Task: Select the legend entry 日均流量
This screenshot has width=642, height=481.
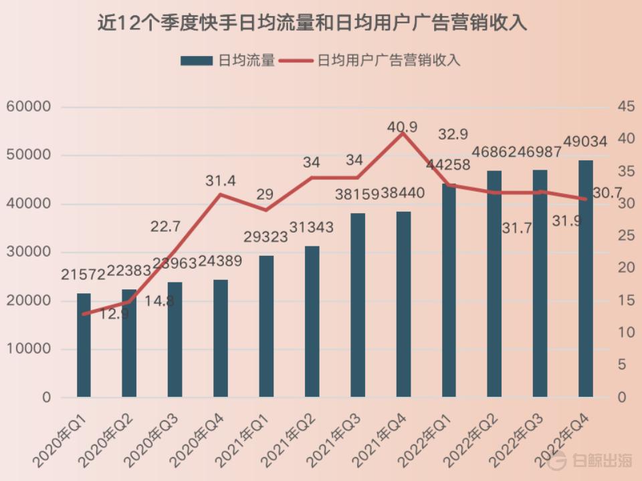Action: tap(227, 60)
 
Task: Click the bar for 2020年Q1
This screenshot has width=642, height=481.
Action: tap(84, 345)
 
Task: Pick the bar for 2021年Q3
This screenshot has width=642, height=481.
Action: tap(358, 305)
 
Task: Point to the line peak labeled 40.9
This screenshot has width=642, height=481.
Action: tap(402, 133)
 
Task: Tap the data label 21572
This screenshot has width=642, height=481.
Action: tap(84, 275)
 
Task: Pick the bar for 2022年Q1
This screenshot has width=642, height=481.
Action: tap(449, 291)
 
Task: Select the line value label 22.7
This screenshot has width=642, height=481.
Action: tap(165, 227)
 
